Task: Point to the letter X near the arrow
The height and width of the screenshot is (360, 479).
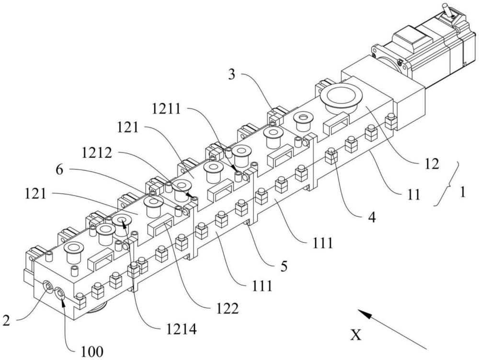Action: click(x=355, y=335)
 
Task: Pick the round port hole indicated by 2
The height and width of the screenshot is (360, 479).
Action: click(x=49, y=287)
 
